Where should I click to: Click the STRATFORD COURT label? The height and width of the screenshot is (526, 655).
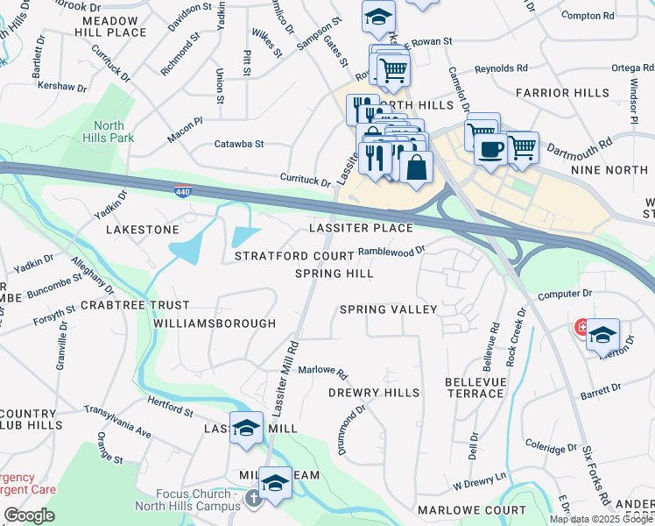coord(294,256)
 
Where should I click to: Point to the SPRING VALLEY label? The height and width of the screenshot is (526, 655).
coord(388,309)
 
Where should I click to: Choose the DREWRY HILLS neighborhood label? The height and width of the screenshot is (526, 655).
coord(374,393)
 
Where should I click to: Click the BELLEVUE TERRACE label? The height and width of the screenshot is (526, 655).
coord(475,387)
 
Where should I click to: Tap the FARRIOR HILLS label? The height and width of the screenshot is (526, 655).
coord(574,92)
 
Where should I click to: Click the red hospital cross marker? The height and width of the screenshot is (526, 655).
coord(581,328)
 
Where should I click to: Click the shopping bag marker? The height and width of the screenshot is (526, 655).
coord(417,167)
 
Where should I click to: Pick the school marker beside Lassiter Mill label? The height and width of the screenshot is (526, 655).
coord(247,428)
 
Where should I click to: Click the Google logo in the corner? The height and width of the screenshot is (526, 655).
coord(29,515)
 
